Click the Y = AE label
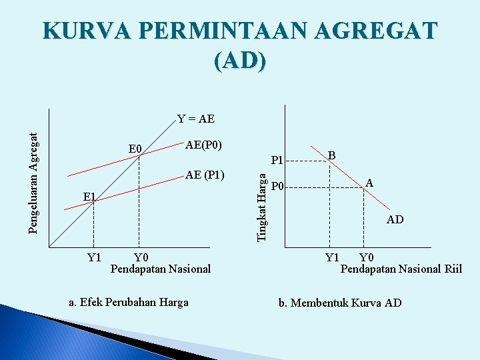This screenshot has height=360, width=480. tap(196, 119)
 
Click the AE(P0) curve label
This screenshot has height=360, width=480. tap(203, 145)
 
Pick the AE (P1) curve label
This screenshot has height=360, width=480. tap(205, 175)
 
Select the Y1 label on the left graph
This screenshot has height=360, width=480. tap(95, 258)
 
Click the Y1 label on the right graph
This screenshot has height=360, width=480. tap(331, 258)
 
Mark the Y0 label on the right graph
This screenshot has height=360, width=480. tap(366, 258)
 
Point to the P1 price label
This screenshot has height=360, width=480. tap(278, 160)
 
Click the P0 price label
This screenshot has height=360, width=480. tap(278, 186)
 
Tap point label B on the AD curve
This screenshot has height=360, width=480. tap(331, 154)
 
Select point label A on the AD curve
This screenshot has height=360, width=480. tap(369, 183)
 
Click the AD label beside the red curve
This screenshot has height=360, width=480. tap(395, 219)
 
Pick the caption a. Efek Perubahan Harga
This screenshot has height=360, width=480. tap(129, 302)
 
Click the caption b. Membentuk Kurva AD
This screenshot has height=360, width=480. tap(340, 303)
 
